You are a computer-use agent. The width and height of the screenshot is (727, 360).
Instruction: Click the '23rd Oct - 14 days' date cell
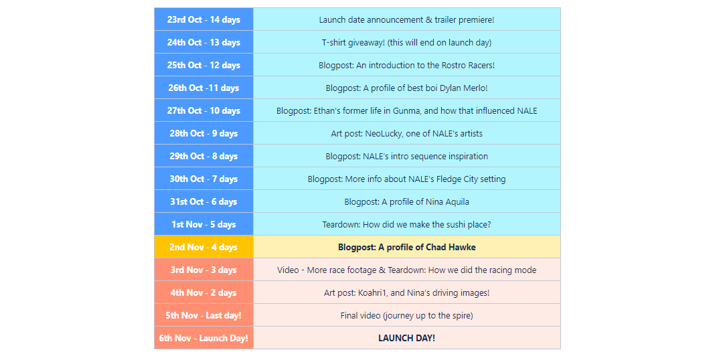[204, 19]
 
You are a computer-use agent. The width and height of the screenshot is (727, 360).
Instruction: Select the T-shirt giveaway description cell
[406, 42]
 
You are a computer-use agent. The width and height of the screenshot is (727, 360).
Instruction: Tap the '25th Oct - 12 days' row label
[204, 65]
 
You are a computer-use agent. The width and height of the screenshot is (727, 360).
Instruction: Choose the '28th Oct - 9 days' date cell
[204, 133]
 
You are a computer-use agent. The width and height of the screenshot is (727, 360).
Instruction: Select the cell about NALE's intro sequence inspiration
[406, 156]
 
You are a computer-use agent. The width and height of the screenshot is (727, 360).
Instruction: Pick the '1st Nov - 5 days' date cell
[204, 224]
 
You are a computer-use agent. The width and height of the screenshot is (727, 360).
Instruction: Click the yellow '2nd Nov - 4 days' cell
[204, 247]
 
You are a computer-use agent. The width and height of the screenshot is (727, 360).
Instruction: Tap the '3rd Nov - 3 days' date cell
[204, 270]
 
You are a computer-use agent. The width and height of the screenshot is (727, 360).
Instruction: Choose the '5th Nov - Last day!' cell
[204, 316]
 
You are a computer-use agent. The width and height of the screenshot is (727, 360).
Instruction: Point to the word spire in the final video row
[460, 316]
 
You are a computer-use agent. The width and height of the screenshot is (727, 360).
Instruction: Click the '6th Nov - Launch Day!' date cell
[204, 338]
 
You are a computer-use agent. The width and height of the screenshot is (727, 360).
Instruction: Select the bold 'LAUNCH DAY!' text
[406, 338]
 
